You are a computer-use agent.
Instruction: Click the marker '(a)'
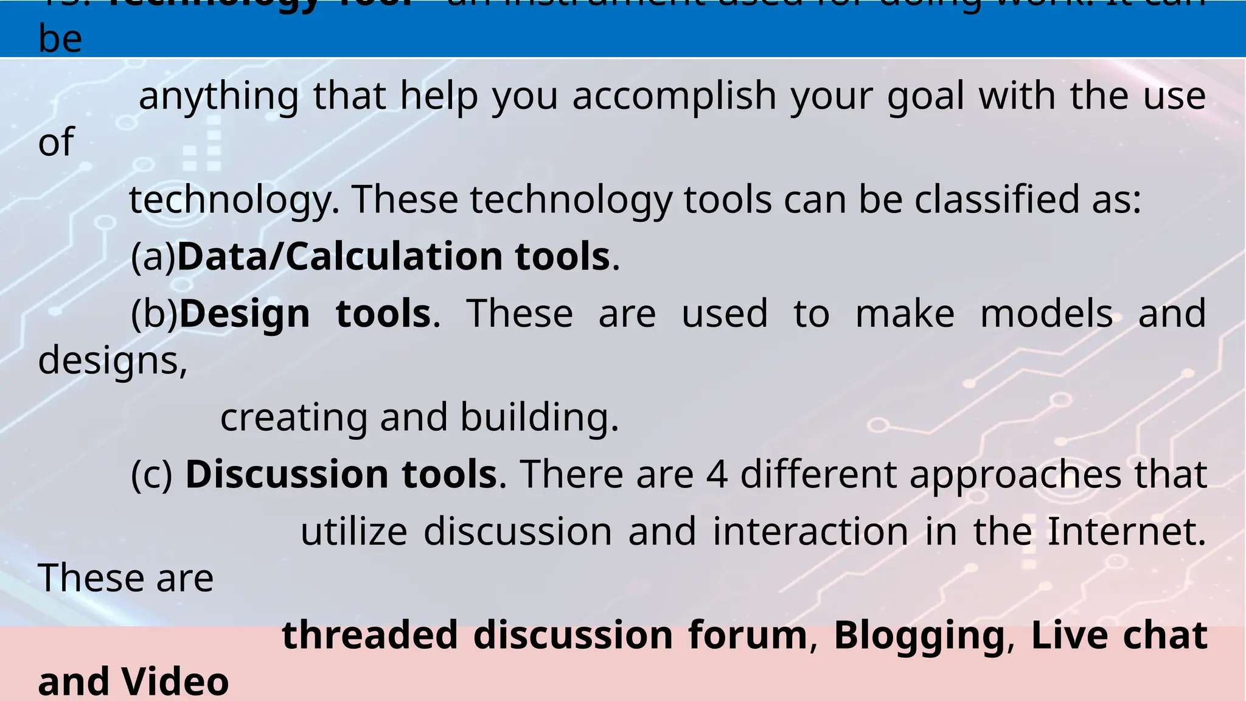click(153, 257)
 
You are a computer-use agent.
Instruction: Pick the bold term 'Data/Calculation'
click(339, 257)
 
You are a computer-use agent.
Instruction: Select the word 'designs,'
click(113, 361)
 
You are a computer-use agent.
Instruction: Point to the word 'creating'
click(294, 418)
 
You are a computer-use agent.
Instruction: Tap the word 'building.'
click(539, 418)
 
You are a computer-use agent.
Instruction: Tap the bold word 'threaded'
click(370, 635)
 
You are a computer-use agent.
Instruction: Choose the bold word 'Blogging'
click(919, 635)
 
